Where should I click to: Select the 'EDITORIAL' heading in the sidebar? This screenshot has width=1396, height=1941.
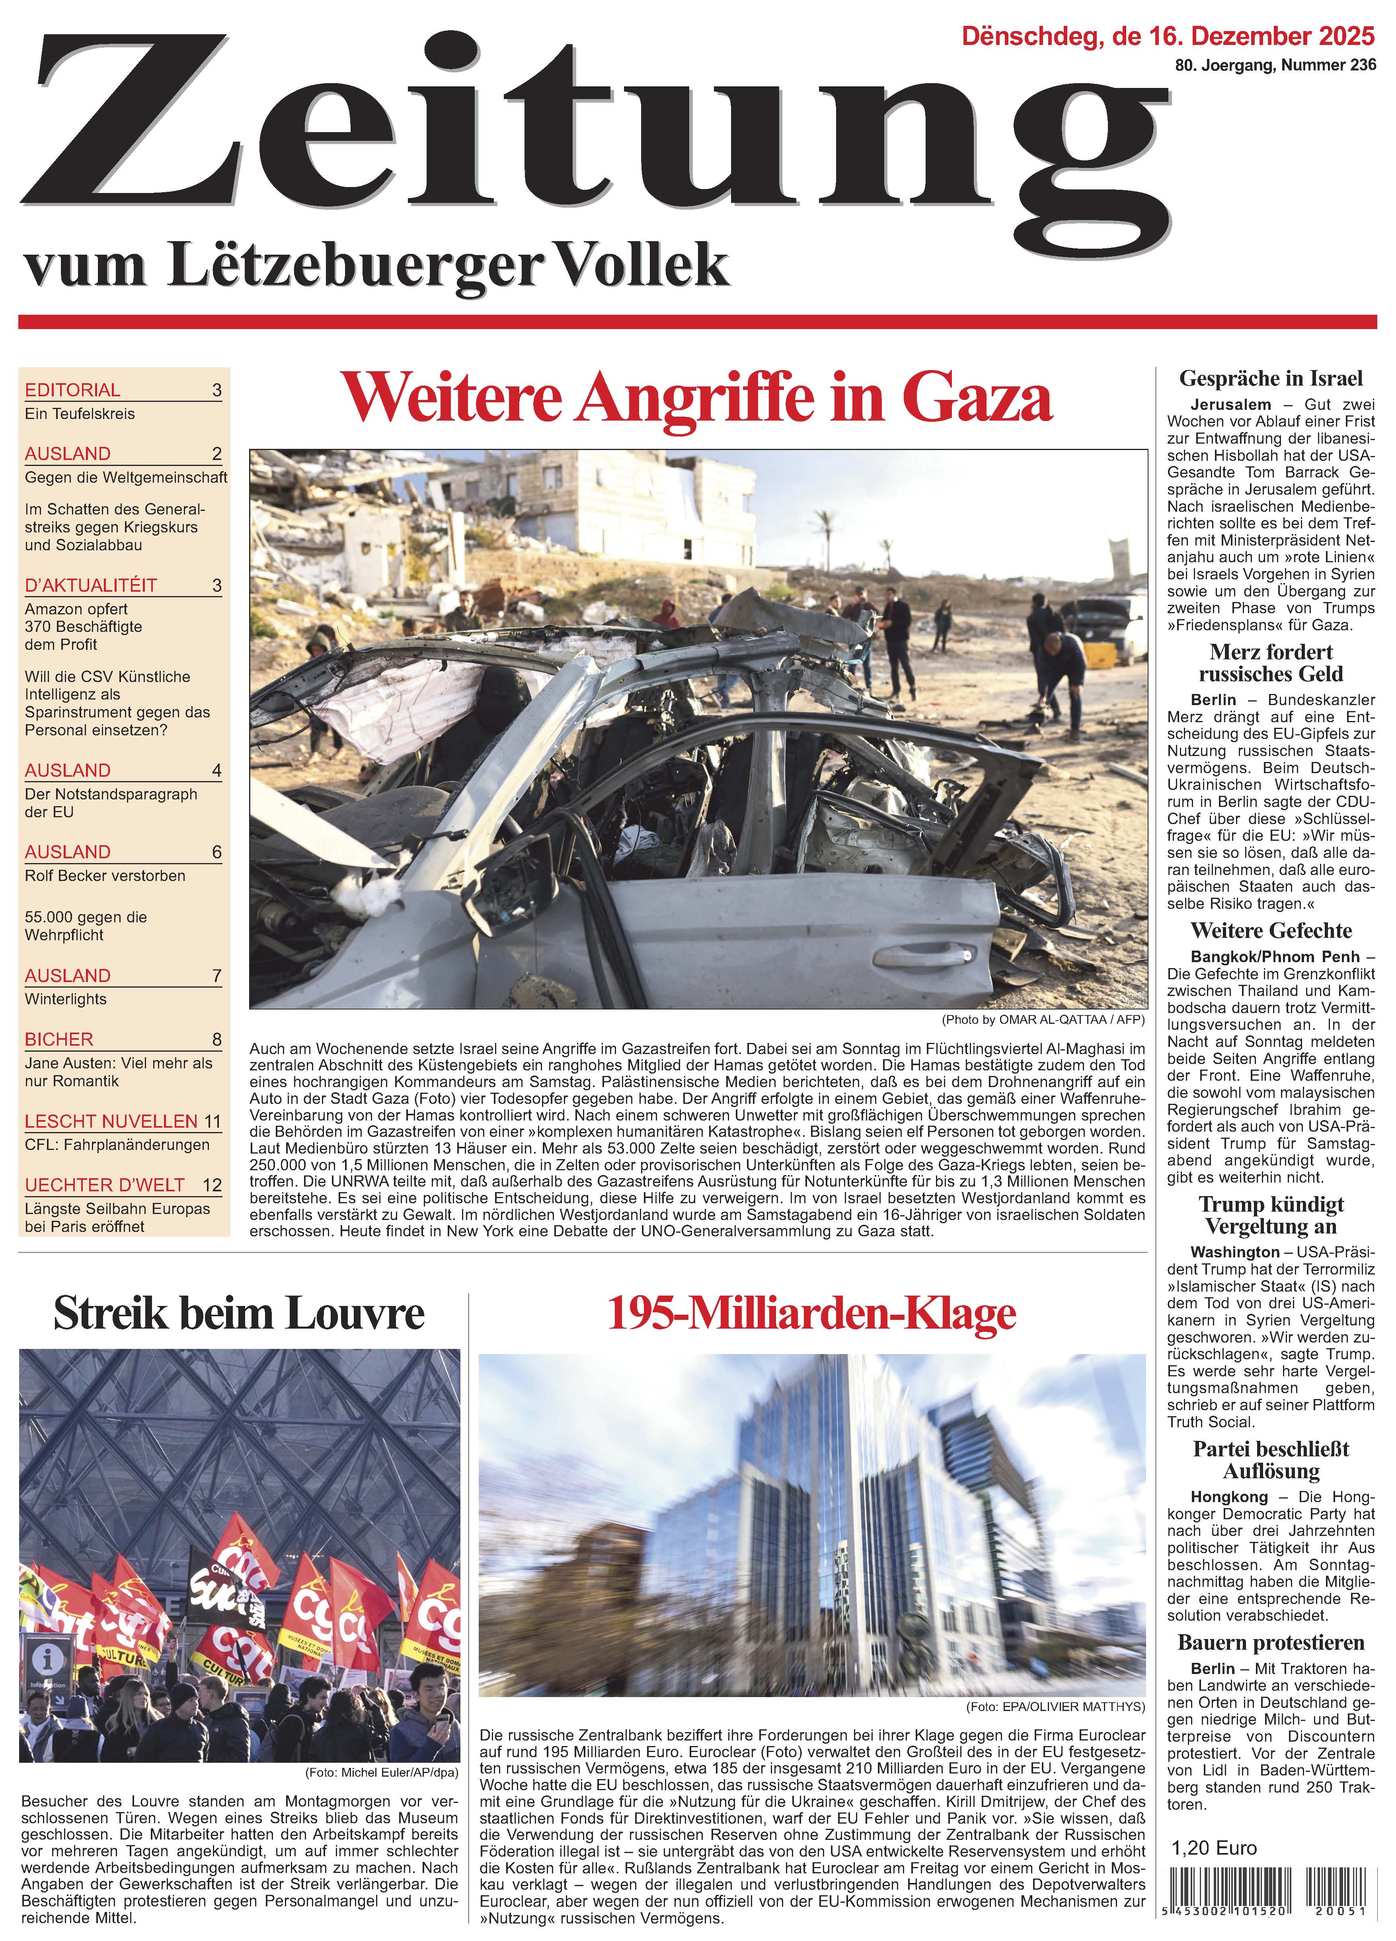73,390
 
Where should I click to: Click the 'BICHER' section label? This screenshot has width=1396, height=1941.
59,1039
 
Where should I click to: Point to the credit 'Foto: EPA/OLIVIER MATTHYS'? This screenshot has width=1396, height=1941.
1055,1707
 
